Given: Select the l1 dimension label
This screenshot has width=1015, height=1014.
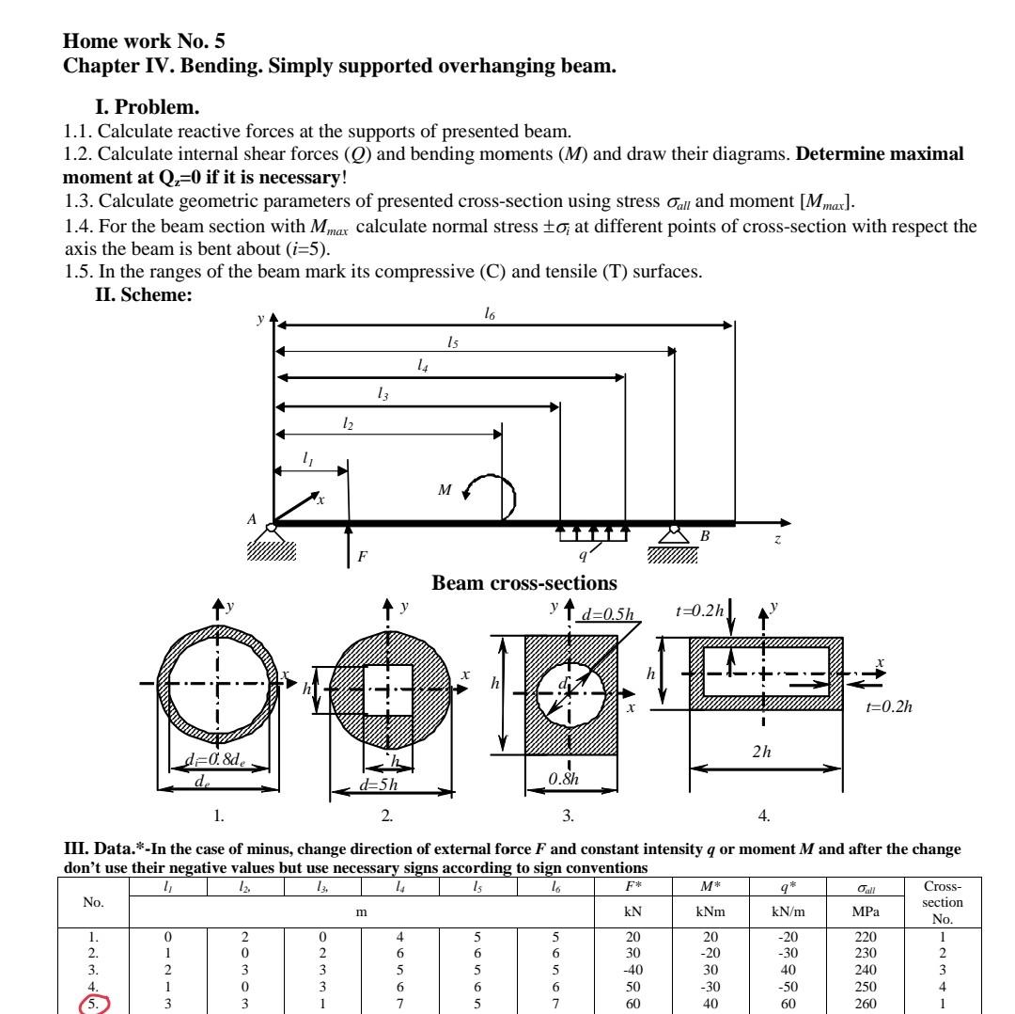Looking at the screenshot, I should pos(308,458).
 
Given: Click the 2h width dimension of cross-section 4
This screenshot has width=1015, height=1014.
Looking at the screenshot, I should pos(762,753).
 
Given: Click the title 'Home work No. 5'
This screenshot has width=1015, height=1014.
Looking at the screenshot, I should pos(144,40).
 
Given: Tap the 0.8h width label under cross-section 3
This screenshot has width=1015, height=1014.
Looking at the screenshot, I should pos(564,778).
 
